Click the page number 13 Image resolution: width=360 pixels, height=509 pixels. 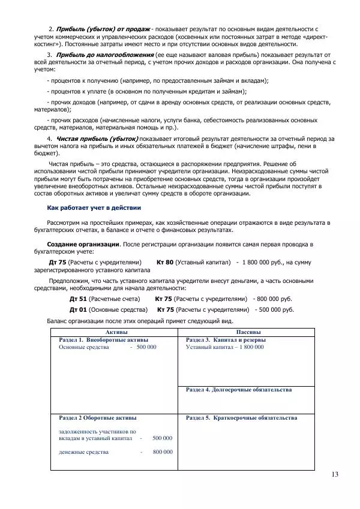tap(334, 475)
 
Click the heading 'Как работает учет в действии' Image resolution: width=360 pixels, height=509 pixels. tap(94, 207)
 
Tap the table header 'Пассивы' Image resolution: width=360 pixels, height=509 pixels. tap(248, 332)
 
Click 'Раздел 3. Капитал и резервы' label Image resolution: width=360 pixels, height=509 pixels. tap(226, 340)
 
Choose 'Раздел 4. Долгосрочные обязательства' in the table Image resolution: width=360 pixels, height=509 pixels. tap(239, 390)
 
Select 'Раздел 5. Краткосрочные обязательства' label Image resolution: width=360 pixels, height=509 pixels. tap(241, 417)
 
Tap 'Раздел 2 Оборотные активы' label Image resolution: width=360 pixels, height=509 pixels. tap(97, 417)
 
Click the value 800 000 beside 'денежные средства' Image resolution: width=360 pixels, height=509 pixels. tap(162, 451)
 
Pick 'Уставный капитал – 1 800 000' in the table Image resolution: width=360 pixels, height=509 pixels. tap(224, 347)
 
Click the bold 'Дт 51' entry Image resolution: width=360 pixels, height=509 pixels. tap(78, 299)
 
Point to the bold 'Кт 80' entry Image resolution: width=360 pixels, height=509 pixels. tap(165, 263)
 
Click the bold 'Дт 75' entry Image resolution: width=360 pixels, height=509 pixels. tap(57, 263)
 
